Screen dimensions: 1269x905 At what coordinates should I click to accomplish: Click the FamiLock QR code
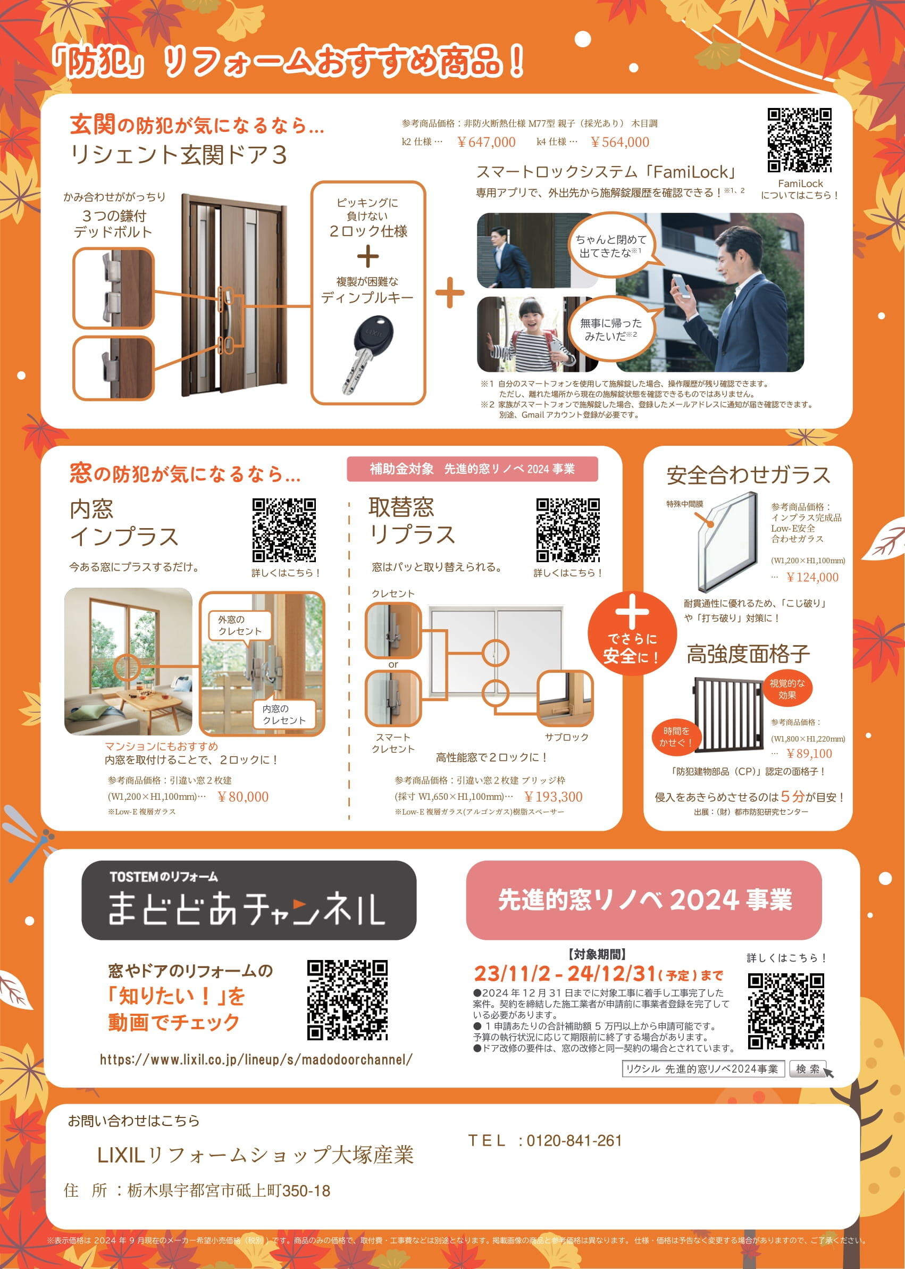tap(799, 140)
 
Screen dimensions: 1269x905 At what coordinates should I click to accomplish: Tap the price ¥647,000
tap(486, 142)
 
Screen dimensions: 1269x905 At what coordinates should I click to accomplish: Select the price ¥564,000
tap(619, 142)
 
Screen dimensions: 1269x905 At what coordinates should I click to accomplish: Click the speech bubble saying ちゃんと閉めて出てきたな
tap(611, 246)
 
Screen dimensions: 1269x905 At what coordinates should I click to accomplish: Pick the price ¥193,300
tap(553, 797)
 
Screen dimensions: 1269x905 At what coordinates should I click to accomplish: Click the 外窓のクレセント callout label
tap(240, 625)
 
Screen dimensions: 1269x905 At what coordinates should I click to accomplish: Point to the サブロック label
tap(566, 737)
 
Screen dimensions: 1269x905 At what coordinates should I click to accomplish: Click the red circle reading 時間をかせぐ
tap(675, 737)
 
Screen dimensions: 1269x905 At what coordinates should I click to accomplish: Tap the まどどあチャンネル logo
tap(248, 900)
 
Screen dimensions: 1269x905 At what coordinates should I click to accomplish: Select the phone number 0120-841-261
tap(573, 1141)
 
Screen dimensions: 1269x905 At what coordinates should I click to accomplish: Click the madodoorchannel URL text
tap(256, 1059)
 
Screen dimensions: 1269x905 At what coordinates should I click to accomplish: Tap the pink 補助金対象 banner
tap(472, 469)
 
